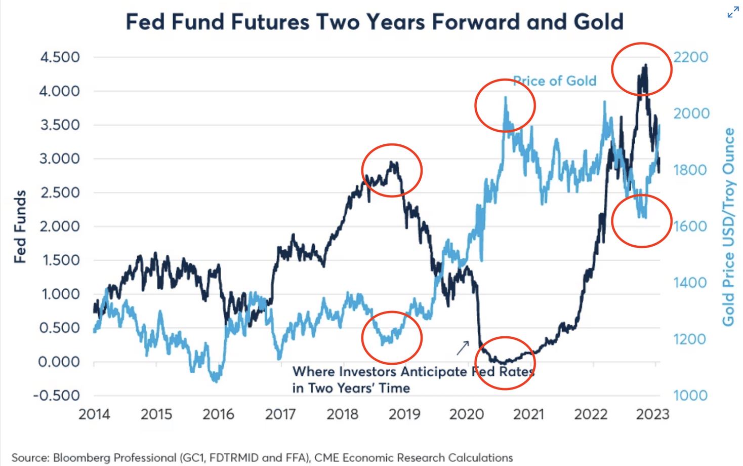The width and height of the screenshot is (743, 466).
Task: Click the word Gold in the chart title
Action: (x=599, y=22)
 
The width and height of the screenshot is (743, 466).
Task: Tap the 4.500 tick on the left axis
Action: (x=60, y=57)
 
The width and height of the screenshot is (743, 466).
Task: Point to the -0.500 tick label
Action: (x=57, y=396)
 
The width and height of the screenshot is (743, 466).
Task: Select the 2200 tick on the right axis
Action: (x=690, y=57)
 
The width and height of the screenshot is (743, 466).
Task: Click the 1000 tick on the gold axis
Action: (x=690, y=396)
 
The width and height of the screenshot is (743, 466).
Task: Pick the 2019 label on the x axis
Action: (x=404, y=414)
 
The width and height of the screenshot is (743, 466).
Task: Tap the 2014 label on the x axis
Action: (x=94, y=414)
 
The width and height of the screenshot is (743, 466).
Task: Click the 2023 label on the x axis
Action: (x=653, y=414)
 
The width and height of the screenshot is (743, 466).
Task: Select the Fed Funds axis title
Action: (x=20, y=226)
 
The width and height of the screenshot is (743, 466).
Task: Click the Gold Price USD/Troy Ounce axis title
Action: (x=728, y=226)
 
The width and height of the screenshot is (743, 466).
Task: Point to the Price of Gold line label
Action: (x=555, y=81)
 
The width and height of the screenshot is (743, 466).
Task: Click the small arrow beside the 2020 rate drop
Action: (x=463, y=347)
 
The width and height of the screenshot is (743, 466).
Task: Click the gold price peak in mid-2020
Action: (x=505, y=98)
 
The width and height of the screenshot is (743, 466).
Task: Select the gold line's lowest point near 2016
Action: (x=217, y=380)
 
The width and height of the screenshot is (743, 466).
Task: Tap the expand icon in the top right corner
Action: (x=732, y=13)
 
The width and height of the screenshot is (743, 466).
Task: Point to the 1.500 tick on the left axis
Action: (x=60, y=260)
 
